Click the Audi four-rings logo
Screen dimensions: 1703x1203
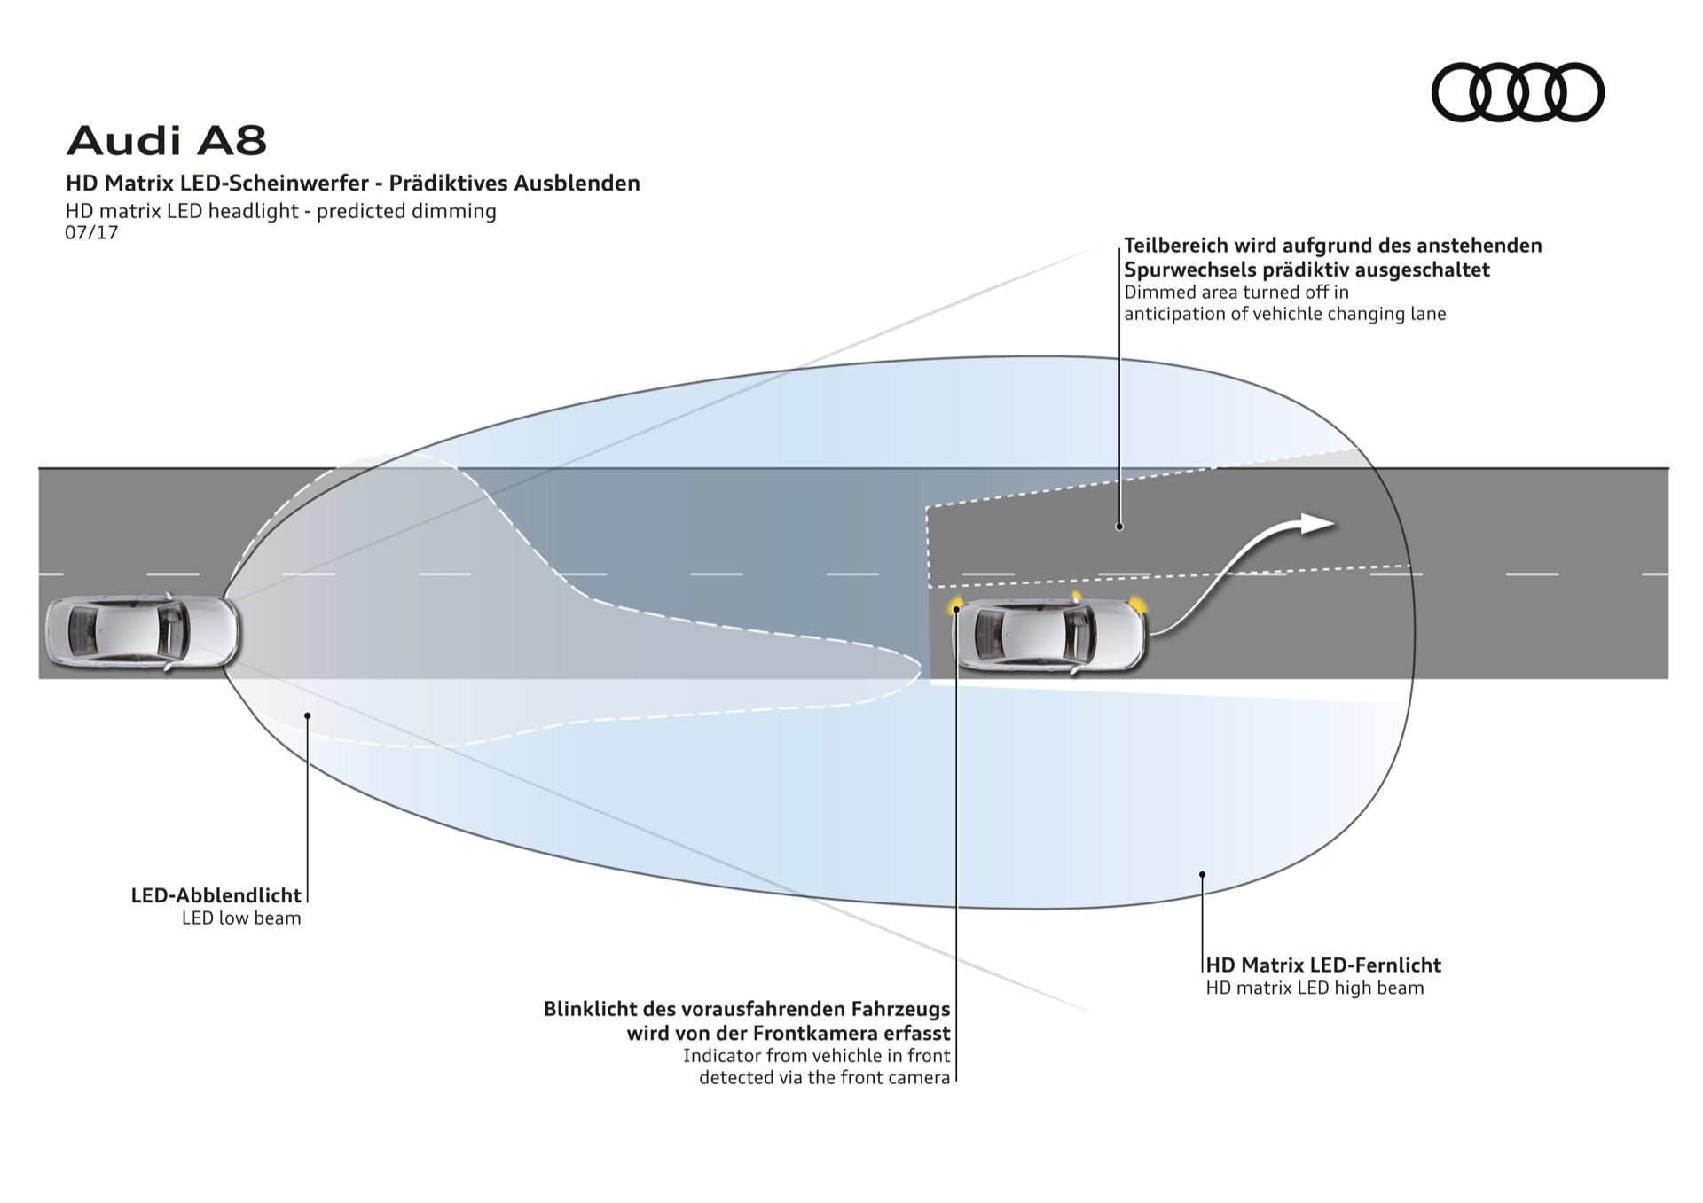(1518, 92)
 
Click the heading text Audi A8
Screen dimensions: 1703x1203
(167, 140)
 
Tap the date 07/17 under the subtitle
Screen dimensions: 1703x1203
(91, 233)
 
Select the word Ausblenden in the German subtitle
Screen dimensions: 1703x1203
(577, 184)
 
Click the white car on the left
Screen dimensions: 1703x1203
(143, 631)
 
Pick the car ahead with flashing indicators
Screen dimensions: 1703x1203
(1048, 636)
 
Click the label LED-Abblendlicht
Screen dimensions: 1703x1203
(216, 895)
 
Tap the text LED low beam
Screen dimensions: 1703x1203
(241, 918)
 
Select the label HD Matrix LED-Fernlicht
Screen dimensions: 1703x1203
(1323, 965)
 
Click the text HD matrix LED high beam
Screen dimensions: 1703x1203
(1315, 988)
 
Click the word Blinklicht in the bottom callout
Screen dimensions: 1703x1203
(597, 1009)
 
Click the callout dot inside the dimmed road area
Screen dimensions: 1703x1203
(1119, 527)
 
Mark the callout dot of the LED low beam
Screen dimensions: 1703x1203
(307, 715)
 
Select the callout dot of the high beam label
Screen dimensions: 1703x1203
(1203, 874)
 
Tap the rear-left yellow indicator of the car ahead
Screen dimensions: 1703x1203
(956, 606)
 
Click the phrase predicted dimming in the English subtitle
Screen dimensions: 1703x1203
(406, 211)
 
